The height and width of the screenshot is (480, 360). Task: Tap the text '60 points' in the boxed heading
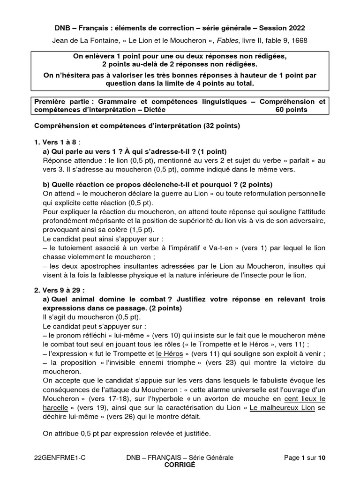tap(292, 110)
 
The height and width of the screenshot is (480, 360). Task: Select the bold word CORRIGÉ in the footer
tap(180, 465)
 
